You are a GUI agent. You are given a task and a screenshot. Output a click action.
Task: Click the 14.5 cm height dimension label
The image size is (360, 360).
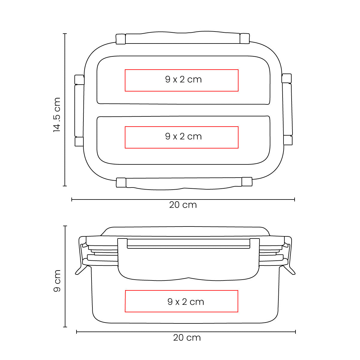click(57, 115)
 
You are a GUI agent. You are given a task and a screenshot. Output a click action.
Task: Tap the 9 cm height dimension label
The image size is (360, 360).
click(57, 281)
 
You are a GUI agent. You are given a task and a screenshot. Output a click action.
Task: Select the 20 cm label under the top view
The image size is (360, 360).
click(183, 205)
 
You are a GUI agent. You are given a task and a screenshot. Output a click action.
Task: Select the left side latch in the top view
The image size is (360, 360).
click(79, 110)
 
